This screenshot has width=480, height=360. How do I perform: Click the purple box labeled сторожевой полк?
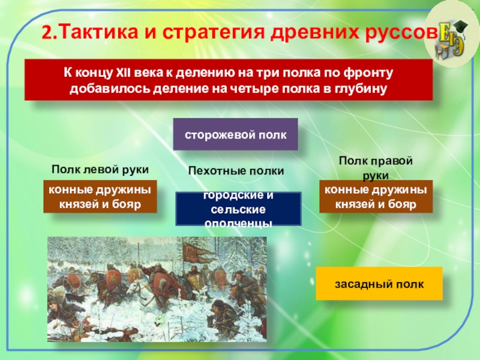pyautogui.click(x=235, y=134)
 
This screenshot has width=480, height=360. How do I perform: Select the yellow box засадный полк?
pyautogui.click(x=379, y=283)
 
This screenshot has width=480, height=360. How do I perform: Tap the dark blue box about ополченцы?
pyautogui.click(x=238, y=209)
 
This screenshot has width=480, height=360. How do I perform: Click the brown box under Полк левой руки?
pyautogui.click(x=100, y=197)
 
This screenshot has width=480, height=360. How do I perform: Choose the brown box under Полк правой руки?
pyautogui.click(x=376, y=197)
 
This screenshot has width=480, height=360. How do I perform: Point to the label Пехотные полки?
pyautogui.click(x=236, y=170)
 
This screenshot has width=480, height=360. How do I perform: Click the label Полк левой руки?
pyautogui.click(x=100, y=169)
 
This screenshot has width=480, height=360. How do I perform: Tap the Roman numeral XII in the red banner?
pyautogui.click(x=124, y=73)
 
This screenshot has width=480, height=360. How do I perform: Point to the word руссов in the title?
pyautogui.click(x=401, y=33)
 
